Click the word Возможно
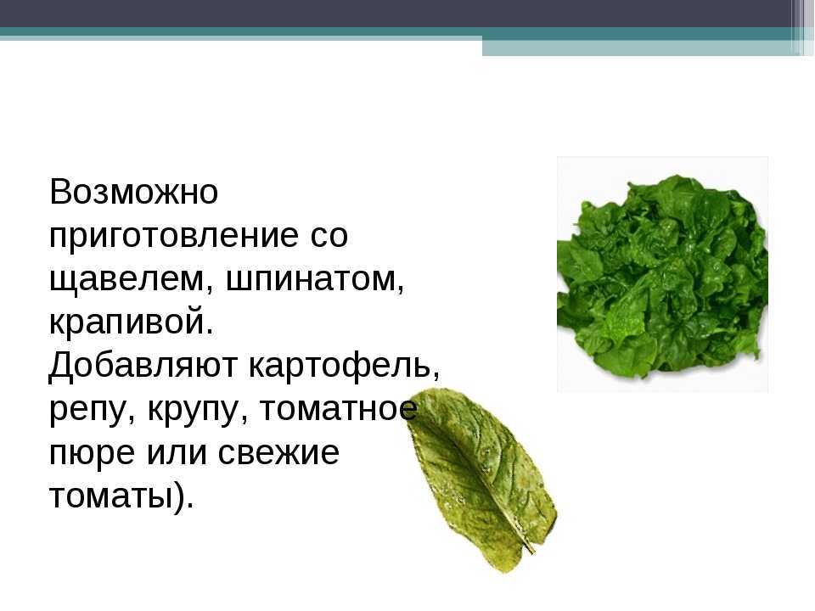point(133,192)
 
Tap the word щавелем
point(132,280)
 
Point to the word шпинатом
point(315,280)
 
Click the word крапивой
point(131,322)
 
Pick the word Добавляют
point(143,366)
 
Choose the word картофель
point(344,366)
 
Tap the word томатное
point(338,408)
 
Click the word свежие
point(278,452)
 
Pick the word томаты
point(110,496)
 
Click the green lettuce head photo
point(662,274)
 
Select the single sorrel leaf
point(481,480)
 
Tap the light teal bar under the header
point(648,48)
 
